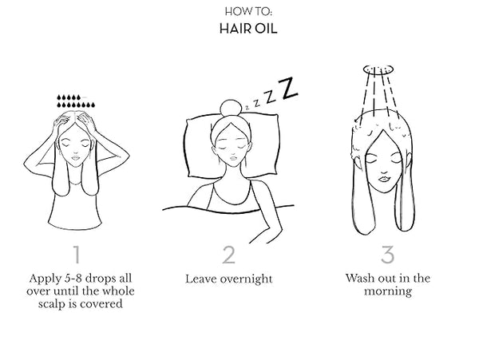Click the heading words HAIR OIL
pos(248,29)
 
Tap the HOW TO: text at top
pos(248,12)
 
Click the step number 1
pos(77,255)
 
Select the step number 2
pos(229,255)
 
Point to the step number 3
pos(388,255)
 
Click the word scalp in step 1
pos(52,304)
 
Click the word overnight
pos(246,279)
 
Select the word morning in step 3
pos(388,291)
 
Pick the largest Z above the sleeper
pos(289,88)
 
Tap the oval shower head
pos(378,69)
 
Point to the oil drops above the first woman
pos(76,101)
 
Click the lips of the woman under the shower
pos(384,178)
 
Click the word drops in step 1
pos(99,278)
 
